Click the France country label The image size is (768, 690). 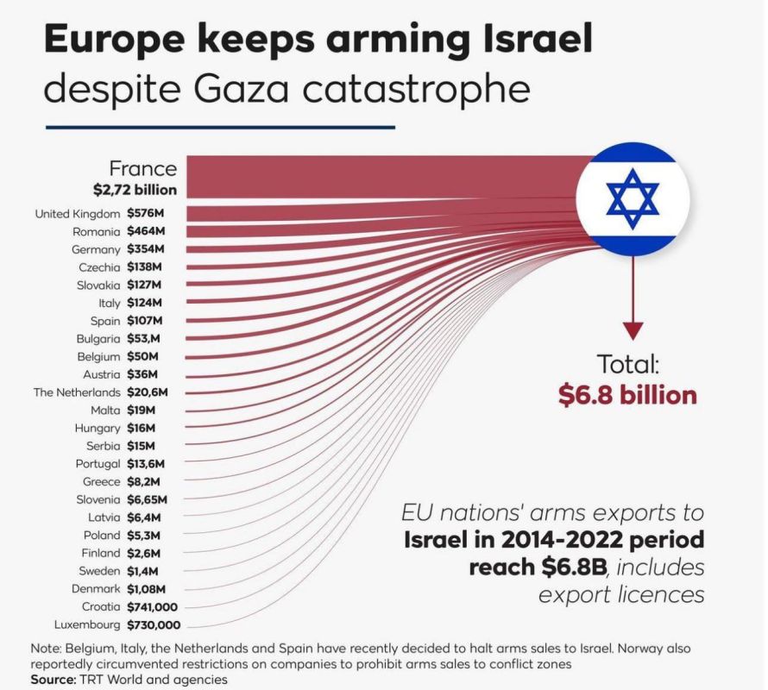(x=142, y=168)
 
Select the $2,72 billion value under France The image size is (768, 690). (x=135, y=189)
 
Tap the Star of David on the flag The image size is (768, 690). (x=632, y=199)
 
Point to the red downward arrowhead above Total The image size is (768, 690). (x=633, y=330)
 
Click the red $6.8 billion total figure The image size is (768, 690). (x=626, y=395)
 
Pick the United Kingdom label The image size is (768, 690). (x=78, y=214)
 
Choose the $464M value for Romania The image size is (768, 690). (x=145, y=231)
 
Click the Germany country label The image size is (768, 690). (x=97, y=249)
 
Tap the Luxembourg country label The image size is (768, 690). (x=87, y=624)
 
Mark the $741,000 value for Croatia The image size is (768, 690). (x=153, y=606)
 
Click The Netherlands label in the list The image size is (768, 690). (x=77, y=392)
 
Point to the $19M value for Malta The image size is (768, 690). (x=141, y=410)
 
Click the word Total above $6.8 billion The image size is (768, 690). (x=628, y=364)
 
